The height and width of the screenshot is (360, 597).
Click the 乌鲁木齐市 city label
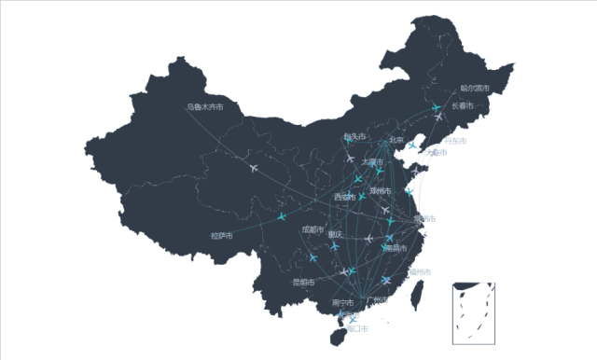pos(204,106)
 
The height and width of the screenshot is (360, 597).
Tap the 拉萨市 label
pos(221,236)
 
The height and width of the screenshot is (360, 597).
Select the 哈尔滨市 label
pos(475,89)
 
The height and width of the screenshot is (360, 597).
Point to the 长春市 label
pos(463,105)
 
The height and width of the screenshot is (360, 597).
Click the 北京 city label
pos(396,140)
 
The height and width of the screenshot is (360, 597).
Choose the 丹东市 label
pos(454,141)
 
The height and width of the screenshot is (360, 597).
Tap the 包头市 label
pos(354,136)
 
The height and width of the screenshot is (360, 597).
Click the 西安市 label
pos(345,197)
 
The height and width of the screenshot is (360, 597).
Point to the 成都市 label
pos(312,229)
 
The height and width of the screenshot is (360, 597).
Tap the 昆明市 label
pos(303,282)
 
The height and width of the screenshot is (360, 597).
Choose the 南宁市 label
pos(342,303)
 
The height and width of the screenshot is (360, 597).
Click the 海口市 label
pos(356,328)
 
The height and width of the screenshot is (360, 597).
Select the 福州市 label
pos(420,271)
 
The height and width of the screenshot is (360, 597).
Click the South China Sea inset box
pos(472,313)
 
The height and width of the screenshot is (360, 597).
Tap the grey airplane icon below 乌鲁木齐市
pos(254,169)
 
